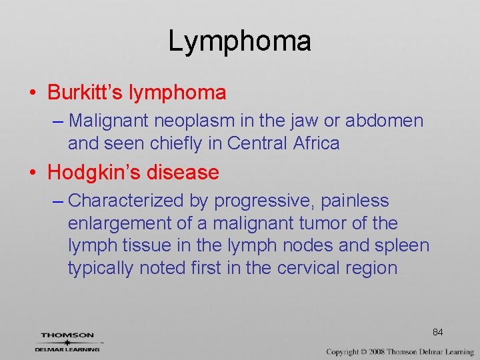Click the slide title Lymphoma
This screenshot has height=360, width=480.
[x=239, y=41]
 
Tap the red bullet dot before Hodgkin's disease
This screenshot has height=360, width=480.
[x=34, y=173]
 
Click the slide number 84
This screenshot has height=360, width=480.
[x=438, y=332]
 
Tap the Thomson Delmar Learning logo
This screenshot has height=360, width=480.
[x=68, y=342]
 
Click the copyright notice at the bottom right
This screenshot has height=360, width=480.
[x=400, y=351]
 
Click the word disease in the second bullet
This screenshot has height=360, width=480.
[x=182, y=173]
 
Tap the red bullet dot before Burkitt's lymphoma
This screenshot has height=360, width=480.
[x=34, y=93]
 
